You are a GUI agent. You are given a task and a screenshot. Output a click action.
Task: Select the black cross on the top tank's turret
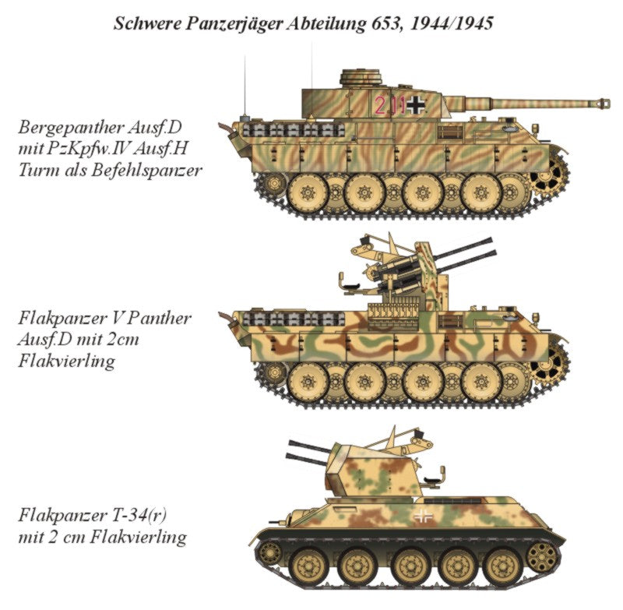pos(417,104)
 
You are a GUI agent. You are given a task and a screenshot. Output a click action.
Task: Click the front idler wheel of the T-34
pos(269,552)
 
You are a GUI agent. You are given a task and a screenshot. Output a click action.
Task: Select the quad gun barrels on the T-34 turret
pos(307,450)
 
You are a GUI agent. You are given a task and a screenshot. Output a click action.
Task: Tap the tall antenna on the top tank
pos(248,86)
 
